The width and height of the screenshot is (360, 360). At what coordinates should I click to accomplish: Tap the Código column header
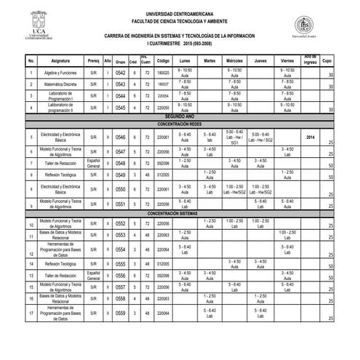(x=163, y=60)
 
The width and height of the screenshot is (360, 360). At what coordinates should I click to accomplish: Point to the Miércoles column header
(x=234, y=60)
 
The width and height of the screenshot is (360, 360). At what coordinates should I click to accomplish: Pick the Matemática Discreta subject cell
(x=61, y=84)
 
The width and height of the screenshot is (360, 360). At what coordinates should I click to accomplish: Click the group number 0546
(x=121, y=137)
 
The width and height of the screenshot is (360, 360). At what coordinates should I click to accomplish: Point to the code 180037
(x=163, y=84)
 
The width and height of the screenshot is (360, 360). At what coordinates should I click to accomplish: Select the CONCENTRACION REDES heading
(x=179, y=124)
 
